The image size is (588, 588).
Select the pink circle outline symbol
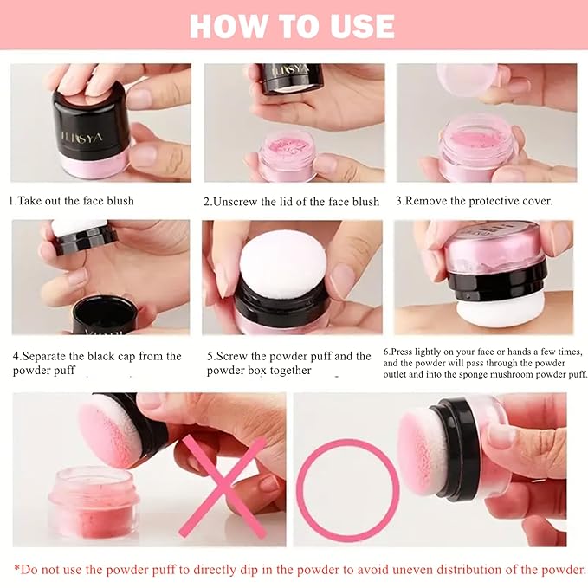point(347,490)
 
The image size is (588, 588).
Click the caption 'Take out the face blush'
point(72,201)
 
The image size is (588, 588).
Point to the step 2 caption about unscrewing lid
point(291,201)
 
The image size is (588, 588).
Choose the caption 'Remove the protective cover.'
point(474,201)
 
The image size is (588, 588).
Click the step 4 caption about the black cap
point(97,363)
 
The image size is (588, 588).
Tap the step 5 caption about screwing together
point(289,363)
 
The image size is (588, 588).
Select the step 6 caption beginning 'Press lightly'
point(484,363)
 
